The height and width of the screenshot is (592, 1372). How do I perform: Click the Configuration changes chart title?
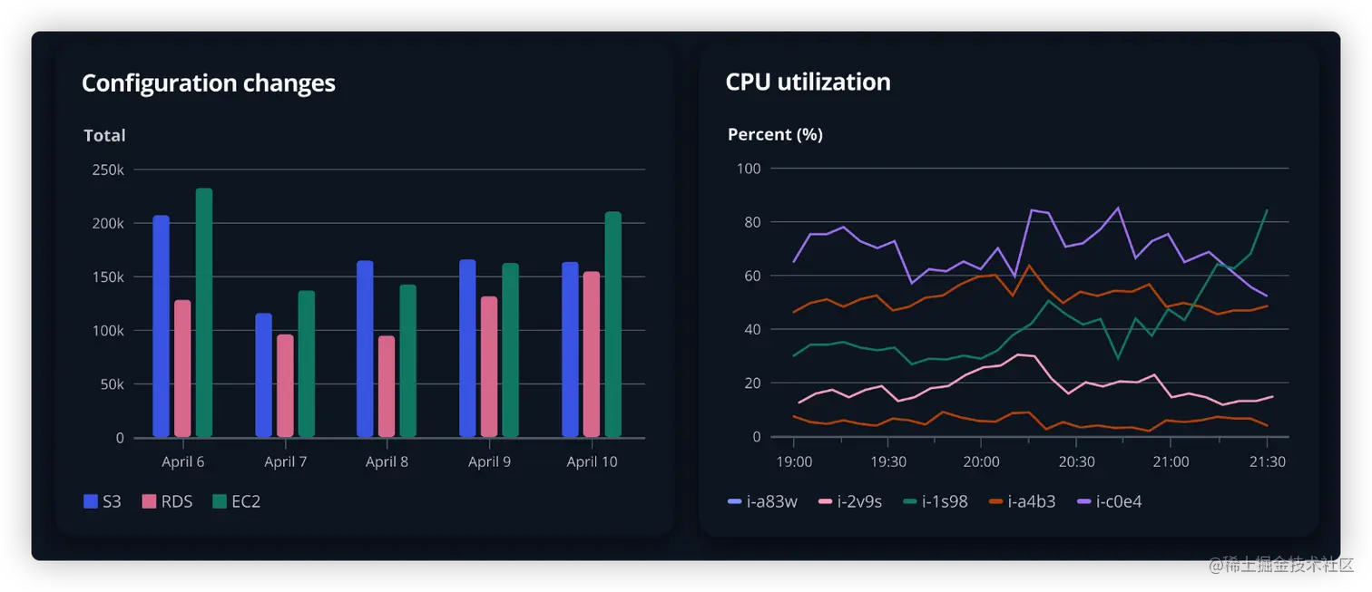[x=208, y=83]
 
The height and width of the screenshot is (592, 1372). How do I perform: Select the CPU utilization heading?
[x=808, y=82]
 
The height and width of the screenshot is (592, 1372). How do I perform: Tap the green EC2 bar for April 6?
[x=204, y=313]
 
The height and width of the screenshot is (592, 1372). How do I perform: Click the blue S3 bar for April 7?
[x=263, y=375]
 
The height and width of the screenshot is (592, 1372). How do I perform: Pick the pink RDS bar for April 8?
[x=387, y=386]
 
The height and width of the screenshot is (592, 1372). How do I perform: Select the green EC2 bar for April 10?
[x=613, y=325]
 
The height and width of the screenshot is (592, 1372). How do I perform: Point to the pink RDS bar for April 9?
[x=489, y=367]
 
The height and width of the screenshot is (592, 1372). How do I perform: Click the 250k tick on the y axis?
[x=108, y=170]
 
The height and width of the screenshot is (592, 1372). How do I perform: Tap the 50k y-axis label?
[x=112, y=384]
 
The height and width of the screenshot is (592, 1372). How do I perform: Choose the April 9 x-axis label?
[x=489, y=462]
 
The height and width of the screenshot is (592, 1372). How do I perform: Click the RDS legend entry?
[x=168, y=501]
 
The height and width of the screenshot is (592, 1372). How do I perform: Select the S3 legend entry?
[x=102, y=501]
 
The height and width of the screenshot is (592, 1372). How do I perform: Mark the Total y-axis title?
[x=104, y=136]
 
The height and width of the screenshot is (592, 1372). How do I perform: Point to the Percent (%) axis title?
[x=775, y=135]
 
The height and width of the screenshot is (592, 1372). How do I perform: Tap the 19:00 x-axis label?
[x=793, y=461]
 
